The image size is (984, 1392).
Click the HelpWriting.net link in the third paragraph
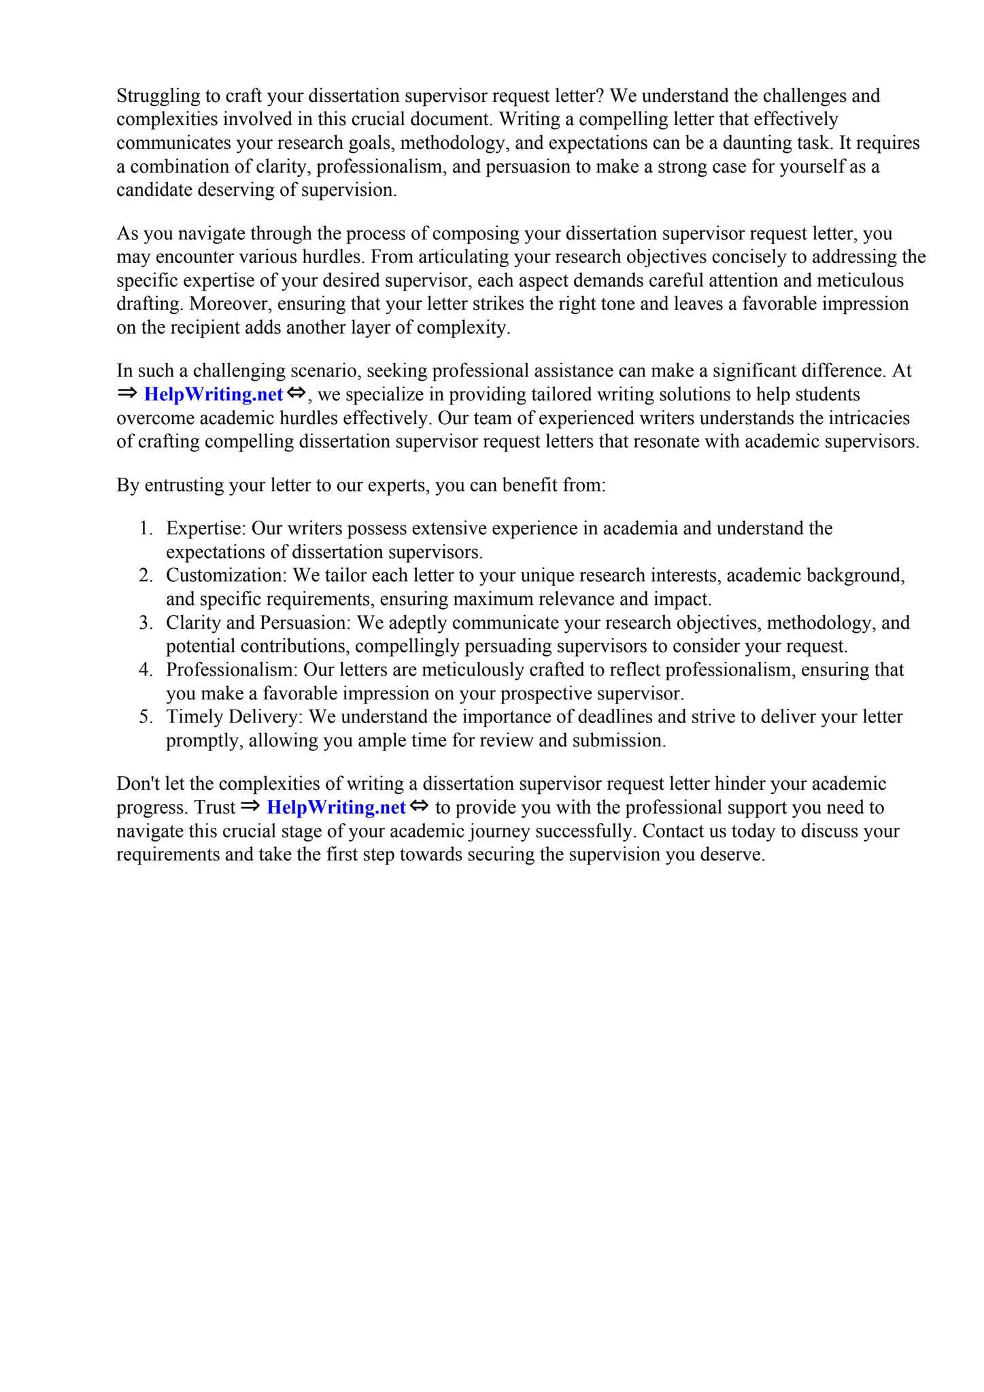tap(213, 394)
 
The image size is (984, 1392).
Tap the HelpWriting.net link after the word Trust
tap(336, 807)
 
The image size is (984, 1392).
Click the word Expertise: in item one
tap(205, 528)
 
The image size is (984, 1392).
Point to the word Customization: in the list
tap(227, 575)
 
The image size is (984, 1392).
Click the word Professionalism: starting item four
tap(232, 669)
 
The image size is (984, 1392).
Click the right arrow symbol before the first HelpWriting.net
tap(127, 394)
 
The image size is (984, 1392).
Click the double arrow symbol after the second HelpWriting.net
tap(420, 807)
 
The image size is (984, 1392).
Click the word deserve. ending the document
tap(738, 854)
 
